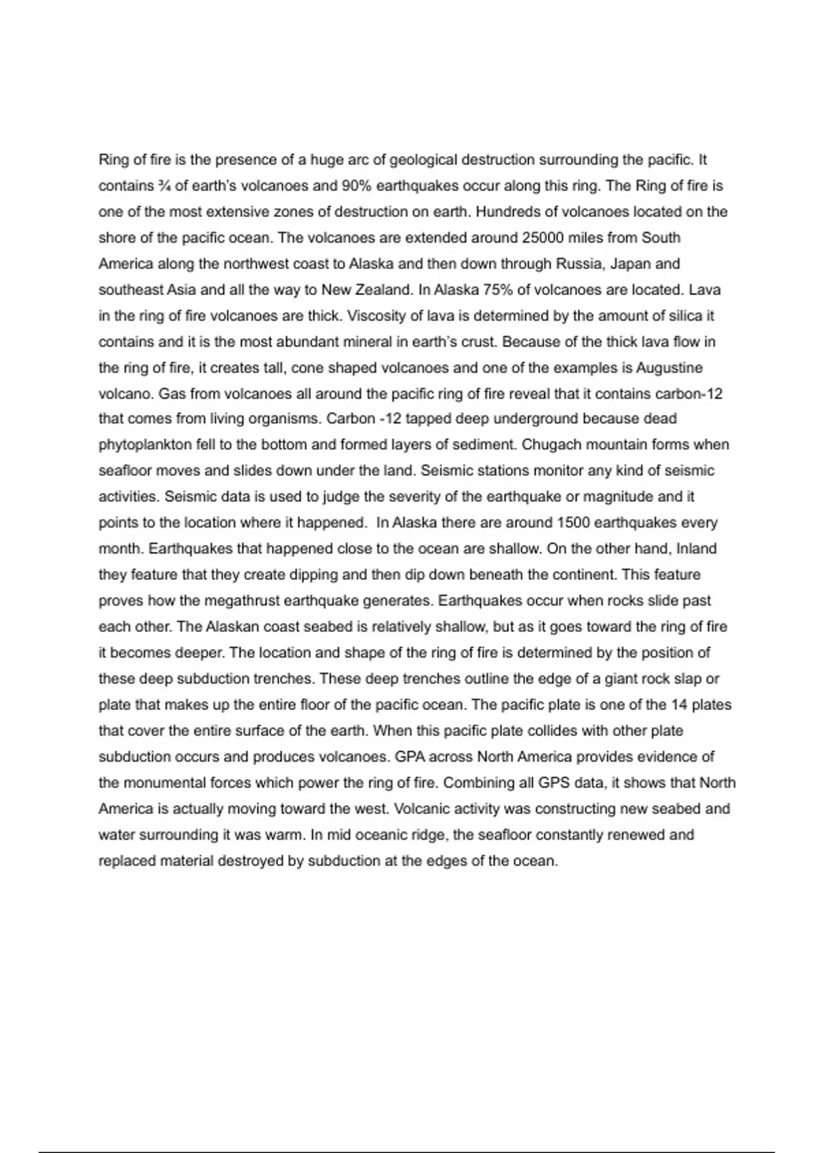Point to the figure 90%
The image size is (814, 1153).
tap(351, 186)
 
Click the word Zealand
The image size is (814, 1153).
tap(384, 290)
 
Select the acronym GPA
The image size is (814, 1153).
tap(410, 757)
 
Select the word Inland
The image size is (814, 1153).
tap(696, 549)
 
